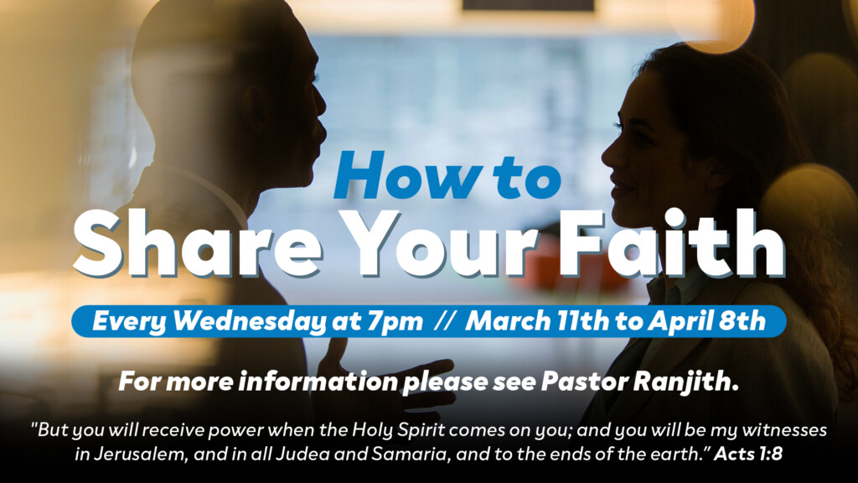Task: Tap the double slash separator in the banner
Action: [x=445, y=322]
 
